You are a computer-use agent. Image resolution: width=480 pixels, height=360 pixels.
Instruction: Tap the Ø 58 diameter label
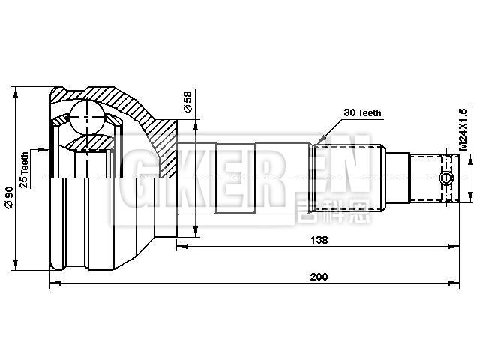click(187, 103)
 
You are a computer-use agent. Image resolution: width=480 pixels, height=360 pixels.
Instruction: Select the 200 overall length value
click(318, 277)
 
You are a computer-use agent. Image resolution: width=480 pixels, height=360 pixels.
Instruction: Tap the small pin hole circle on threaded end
click(447, 178)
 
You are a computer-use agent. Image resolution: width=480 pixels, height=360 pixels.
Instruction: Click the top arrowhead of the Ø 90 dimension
click(15, 89)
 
